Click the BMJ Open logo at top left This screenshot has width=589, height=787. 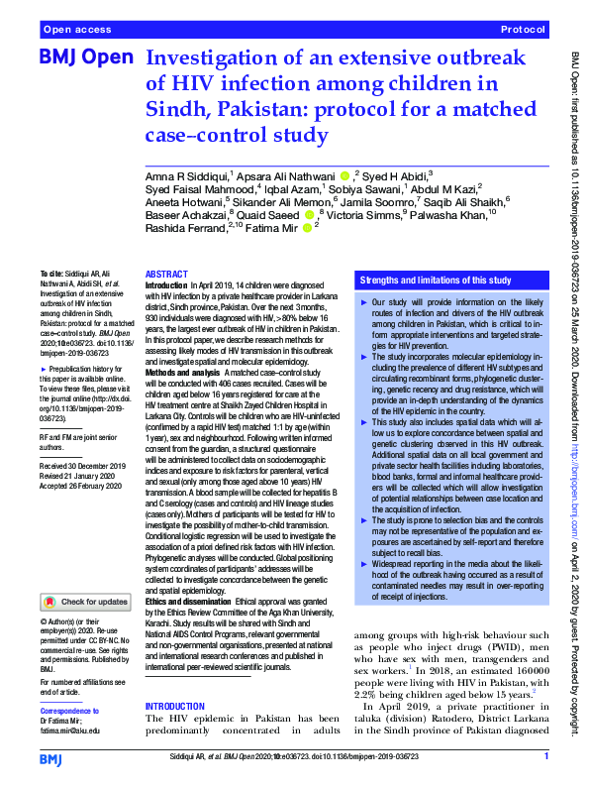point(85,58)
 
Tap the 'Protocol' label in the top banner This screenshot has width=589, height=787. point(524,31)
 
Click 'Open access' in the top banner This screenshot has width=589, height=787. point(77,31)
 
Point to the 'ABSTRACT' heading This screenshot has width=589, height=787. point(166,274)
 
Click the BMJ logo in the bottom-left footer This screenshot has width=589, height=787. point(51,758)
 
